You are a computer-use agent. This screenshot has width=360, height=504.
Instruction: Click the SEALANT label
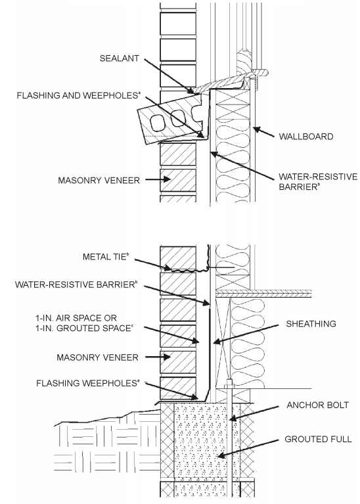[x=120, y=58]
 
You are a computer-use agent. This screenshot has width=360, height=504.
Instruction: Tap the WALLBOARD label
[x=305, y=137]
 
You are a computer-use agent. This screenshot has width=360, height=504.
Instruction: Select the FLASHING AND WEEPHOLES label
[x=79, y=95]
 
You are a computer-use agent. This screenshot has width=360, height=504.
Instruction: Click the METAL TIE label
[x=105, y=257]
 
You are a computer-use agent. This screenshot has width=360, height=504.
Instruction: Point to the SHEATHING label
[x=311, y=324]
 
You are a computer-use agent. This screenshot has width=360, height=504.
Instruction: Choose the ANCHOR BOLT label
[x=317, y=405]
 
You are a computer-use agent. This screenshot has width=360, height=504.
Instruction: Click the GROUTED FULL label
[x=318, y=439]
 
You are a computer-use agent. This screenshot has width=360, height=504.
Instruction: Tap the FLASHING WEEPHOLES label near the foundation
[x=88, y=383]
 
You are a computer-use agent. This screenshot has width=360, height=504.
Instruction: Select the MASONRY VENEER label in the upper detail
[x=99, y=180]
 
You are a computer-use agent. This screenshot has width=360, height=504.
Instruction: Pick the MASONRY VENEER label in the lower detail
[x=97, y=357]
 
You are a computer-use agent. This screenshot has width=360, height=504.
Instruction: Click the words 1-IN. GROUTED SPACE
[x=84, y=329]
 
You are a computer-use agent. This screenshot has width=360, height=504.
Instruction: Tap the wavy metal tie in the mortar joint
[x=187, y=269]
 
